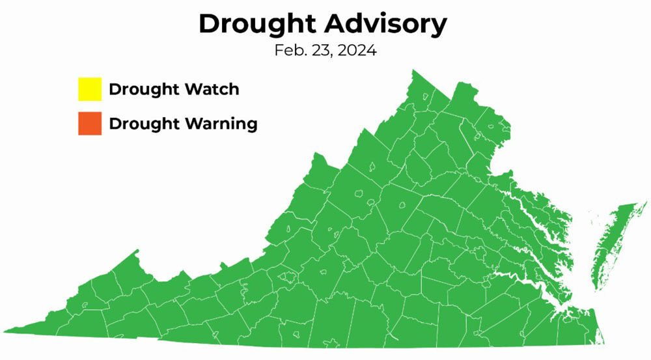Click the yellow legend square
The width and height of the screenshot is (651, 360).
click(90, 89)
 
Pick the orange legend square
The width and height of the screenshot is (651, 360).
click(90, 124)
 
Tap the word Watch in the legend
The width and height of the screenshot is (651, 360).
click(210, 89)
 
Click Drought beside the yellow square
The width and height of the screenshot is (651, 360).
click(138, 89)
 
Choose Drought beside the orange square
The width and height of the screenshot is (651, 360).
click(138, 124)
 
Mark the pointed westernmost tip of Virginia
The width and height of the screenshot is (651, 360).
click(5, 331)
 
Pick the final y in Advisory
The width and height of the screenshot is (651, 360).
click(439, 27)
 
